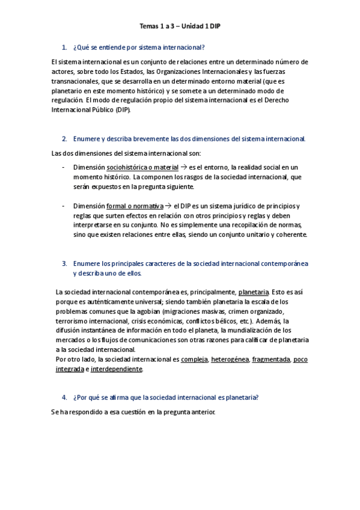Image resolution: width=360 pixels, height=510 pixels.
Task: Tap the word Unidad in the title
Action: pyautogui.click(x=192, y=26)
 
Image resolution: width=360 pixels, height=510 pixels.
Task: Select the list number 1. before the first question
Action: pyautogui.click(x=64, y=47)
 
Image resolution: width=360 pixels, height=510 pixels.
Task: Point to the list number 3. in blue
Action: pyautogui.click(x=64, y=263)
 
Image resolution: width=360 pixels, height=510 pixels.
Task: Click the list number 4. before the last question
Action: pyautogui.click(x=64, y=398)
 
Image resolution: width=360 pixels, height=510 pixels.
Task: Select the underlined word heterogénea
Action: pyautogui.click(x=230, y=360)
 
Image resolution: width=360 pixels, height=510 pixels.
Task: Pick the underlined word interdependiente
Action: pyautogui.click(x=117, y=369)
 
